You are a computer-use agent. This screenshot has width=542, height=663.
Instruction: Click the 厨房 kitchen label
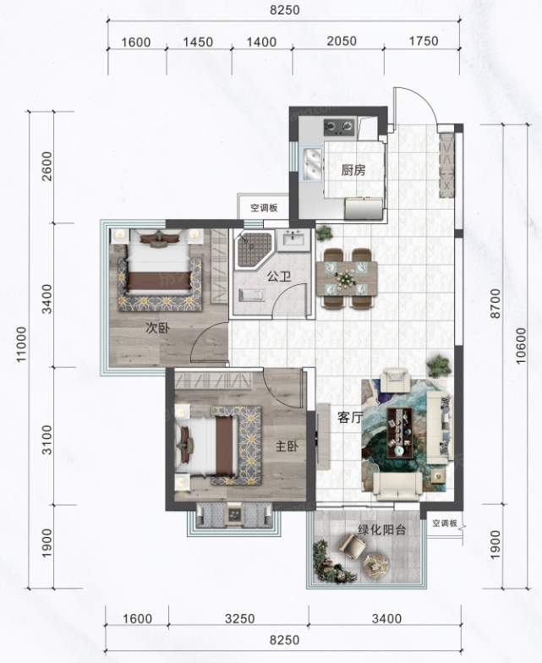click(353, 171)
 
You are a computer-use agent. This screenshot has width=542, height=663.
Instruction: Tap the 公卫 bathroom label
click(279, 277)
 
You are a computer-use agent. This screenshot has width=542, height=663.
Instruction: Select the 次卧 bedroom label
click(157, 328)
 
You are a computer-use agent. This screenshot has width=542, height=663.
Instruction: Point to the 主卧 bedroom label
click(287, 447)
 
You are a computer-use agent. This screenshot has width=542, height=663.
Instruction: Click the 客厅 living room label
click(350, 418)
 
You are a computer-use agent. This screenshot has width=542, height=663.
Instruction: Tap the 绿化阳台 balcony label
click(382, 529)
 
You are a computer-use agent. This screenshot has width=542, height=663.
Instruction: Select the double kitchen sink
click(313, 164)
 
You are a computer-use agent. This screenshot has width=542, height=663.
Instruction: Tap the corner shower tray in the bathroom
click(254, 249)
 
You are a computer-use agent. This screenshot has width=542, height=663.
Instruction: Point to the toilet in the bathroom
click(252, 295)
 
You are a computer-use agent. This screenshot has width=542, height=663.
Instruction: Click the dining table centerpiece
click(347, 278)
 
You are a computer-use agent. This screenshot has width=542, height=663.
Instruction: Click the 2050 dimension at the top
click(342, 41)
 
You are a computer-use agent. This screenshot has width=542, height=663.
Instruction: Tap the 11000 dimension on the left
click(21, 343)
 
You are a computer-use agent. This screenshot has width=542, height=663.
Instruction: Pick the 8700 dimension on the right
click(495, 303)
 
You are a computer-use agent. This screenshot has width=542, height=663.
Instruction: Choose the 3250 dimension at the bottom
click(240, 619)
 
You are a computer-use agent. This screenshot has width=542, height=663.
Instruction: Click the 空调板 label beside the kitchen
click(264, 208)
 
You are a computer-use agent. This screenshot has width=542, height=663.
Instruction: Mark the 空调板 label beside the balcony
click(445, 523)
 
